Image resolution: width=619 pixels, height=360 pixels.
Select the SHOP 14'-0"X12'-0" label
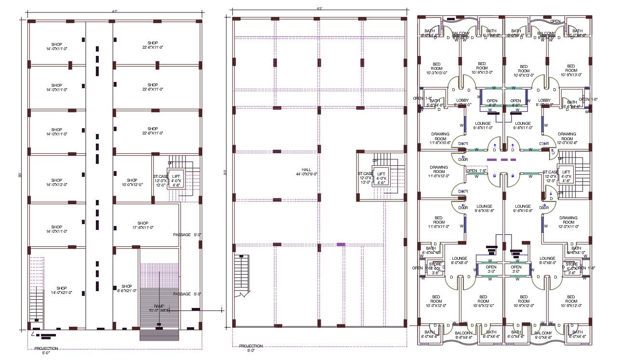[x=57, y=182]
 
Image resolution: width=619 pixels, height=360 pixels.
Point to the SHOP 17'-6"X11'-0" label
[x=142, y=225]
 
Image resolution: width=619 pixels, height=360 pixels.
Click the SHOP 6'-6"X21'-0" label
[x=126, y=288]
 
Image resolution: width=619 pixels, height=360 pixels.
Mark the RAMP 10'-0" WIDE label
[x=159, y=308]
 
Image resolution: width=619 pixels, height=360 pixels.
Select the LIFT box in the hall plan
[x=381, y=176]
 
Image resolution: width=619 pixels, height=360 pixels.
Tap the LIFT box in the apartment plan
[x=566, y=175]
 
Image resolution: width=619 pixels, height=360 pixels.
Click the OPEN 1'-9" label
[x=477, y=171]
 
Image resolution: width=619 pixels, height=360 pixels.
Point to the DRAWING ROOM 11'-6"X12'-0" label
[x=439, y=172]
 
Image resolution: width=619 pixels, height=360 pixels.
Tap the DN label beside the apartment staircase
[x=560, y=193]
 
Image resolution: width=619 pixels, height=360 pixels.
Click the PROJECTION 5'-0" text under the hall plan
[x=251, y=348]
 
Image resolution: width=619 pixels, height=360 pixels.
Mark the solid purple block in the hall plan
[x=341, y=244]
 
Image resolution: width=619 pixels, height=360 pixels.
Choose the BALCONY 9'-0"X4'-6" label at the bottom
[x=543, y=334]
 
